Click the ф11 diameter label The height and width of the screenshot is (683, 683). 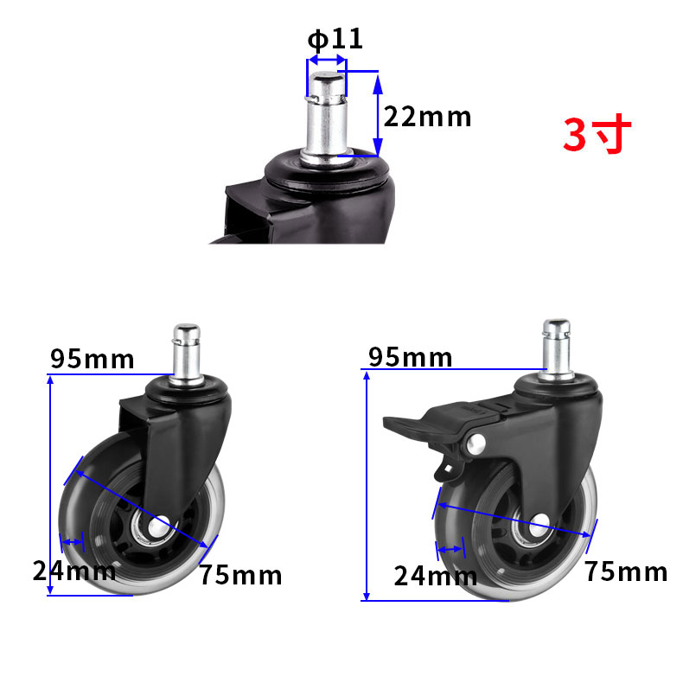[335, 39]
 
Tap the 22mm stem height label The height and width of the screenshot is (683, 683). [427, 117]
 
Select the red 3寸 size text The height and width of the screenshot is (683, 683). [597, 134]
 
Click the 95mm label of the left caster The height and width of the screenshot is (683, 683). [92, 359]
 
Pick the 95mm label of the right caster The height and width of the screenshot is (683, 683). [410, 357]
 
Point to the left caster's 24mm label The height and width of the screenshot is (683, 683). [74, 571]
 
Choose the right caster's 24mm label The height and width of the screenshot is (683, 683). [435, 576]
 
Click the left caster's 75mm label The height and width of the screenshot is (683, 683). [241, 575]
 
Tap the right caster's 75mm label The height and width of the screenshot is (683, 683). [626, 571]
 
